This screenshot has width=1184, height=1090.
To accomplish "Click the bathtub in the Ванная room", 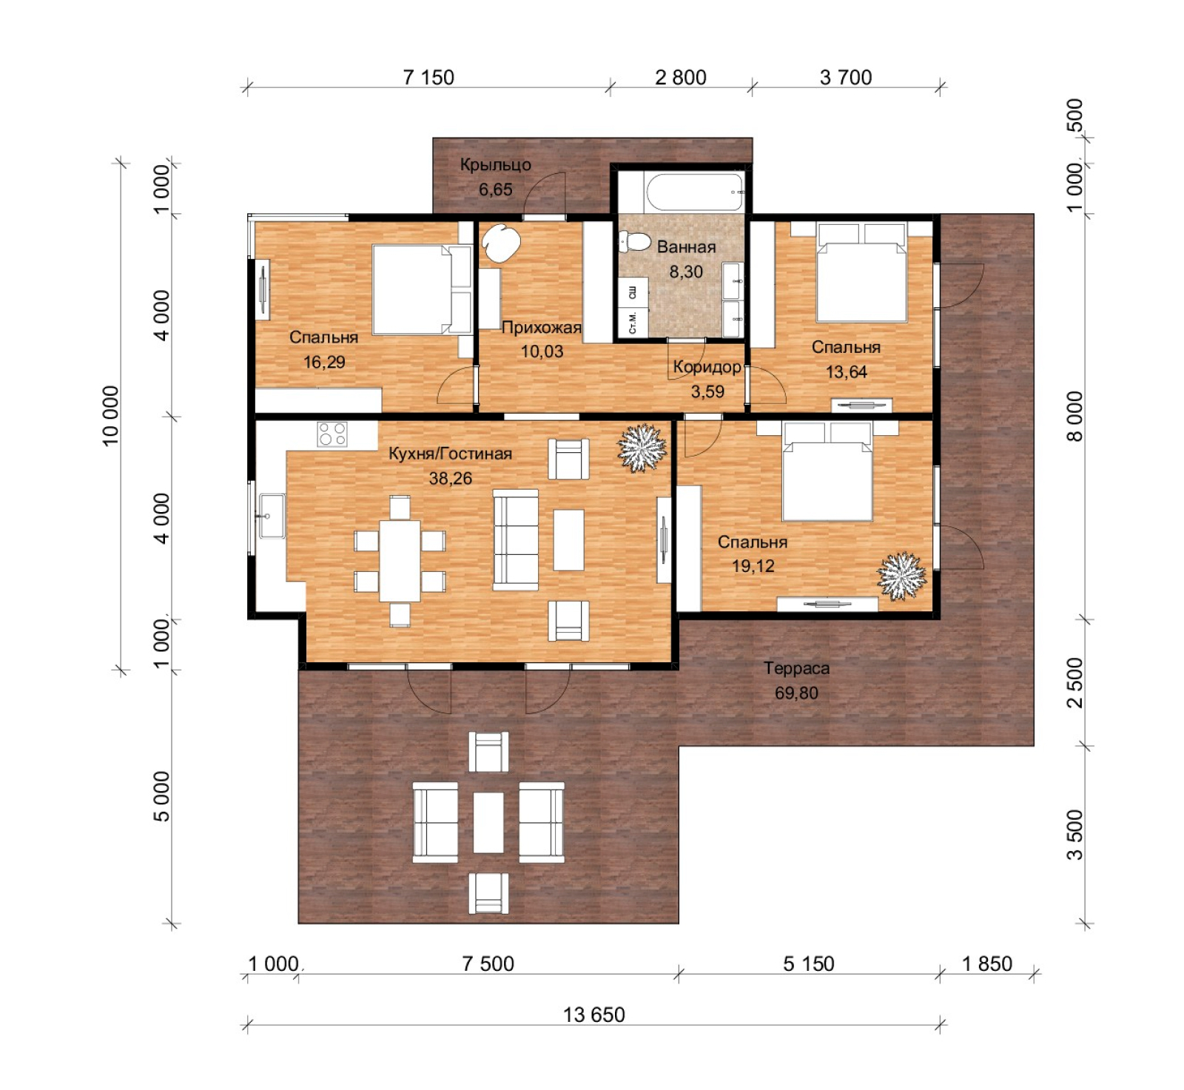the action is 695,192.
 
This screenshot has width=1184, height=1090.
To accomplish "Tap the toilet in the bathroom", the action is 634,241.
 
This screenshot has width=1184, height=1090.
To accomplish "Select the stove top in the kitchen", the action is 332,434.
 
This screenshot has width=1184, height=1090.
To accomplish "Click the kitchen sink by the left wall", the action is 272,516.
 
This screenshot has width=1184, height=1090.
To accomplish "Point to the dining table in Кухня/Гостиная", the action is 400,561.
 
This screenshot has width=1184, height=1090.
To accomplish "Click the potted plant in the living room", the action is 642,448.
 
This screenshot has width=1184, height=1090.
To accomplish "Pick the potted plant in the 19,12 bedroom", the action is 901,576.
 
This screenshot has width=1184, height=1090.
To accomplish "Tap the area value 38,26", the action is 450,479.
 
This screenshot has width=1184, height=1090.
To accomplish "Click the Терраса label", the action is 796,668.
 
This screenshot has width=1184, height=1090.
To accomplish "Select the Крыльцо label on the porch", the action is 495,164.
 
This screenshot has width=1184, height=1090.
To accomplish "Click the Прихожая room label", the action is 542,327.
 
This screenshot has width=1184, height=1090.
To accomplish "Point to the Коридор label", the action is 707,367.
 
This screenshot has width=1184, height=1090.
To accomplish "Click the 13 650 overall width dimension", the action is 593,1015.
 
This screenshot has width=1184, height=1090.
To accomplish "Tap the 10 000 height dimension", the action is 110,416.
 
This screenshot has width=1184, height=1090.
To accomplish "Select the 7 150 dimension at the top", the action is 428,77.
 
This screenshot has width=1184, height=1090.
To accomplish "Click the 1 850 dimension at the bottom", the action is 986,963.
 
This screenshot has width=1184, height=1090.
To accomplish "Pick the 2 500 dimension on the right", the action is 1074,682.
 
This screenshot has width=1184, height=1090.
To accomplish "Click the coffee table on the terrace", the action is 488,822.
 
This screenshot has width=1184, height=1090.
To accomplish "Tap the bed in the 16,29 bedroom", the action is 422,290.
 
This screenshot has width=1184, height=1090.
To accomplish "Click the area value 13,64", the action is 846,371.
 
